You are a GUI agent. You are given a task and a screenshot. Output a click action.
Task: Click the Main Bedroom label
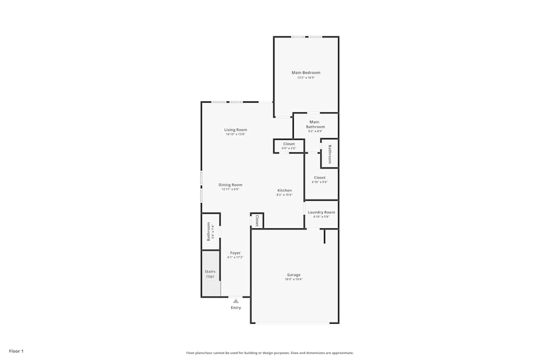point(306,73)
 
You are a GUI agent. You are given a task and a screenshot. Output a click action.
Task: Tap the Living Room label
point(235,130)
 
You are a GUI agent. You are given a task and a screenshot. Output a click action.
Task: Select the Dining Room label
point(230,185)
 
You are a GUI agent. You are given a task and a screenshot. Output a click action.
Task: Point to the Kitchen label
point(285,191)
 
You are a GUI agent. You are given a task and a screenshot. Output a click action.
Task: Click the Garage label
point(294,275)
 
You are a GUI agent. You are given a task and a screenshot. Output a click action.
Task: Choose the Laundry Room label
point(321,212)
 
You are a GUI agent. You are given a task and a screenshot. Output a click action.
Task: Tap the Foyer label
point(235,253)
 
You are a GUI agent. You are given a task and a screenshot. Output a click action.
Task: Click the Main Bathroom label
point(315,124)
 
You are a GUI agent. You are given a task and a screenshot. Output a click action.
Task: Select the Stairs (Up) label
point(210,274)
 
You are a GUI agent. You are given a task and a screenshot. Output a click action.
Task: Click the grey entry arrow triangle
point(235,301)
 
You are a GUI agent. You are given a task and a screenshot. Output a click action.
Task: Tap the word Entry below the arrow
point(236,308)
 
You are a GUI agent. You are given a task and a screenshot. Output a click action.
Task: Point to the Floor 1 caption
point(16,351)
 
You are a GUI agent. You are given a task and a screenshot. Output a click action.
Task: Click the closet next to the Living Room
point(289,144)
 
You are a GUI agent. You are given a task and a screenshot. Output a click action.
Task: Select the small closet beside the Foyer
point(257,220)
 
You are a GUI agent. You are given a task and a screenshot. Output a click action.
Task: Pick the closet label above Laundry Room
point(320,178)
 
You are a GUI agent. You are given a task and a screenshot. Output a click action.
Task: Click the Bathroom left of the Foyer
point(208,231)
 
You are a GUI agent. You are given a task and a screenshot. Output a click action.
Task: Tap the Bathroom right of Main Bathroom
point(329,153)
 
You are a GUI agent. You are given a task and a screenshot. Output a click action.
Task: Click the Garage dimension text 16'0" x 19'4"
point(294,280)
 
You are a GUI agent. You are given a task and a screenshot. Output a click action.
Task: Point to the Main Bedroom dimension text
point(306,78)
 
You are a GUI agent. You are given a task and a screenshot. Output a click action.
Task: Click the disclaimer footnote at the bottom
point(270,352)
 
